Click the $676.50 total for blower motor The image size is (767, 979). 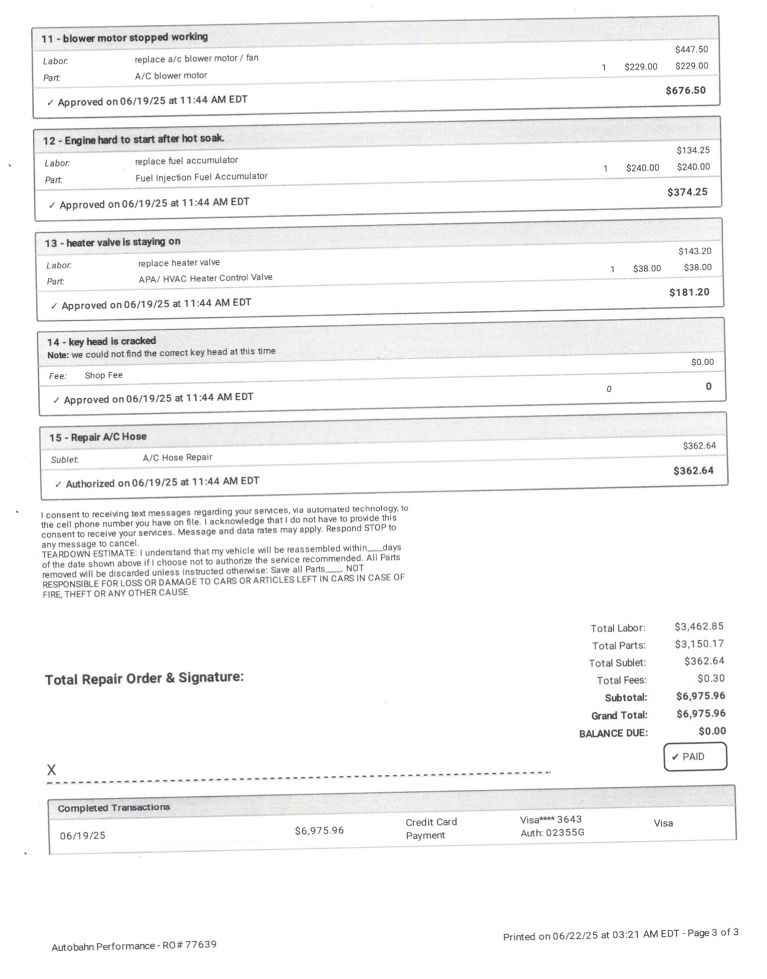point(685,90)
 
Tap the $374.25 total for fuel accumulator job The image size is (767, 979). point(687,192)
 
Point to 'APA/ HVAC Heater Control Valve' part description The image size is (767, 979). point(205,278)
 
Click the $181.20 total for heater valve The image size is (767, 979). point(689,292)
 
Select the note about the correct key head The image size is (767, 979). point(161,353)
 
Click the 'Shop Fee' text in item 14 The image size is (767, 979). point(103,375)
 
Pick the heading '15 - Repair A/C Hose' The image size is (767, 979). point(97,437)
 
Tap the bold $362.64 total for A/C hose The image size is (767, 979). point(693,471)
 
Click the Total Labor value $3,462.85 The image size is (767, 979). point(699,626)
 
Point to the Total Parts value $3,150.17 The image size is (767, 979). point(699,643)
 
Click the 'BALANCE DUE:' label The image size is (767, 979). point(613,733)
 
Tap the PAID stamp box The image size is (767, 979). point(695,757)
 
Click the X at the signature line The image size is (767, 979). point(51,770)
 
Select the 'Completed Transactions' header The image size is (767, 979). point(114,807)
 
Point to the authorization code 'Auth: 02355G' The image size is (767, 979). point(552,833)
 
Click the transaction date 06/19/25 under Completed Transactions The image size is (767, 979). point(83,836)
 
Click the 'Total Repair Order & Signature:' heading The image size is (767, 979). point(144,678)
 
